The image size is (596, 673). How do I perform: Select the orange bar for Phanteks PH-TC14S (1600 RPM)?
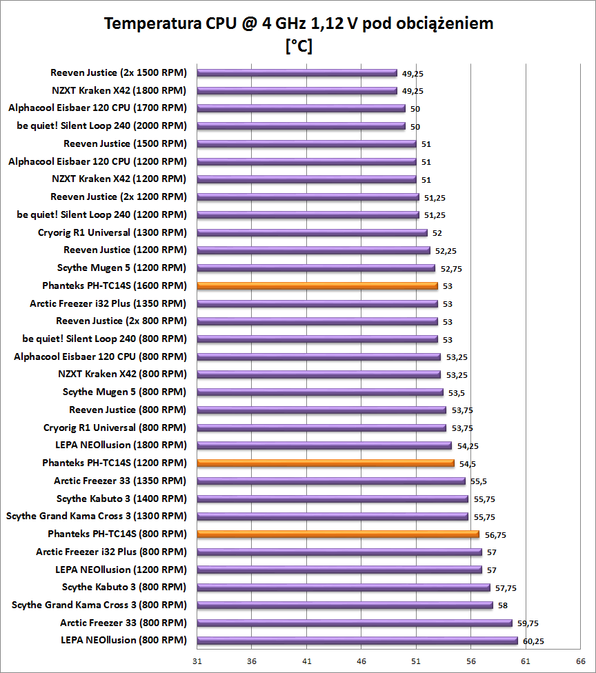[317, 285]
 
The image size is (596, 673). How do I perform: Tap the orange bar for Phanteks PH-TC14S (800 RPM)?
[338, 534]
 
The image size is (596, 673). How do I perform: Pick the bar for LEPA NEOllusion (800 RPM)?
[357, 641]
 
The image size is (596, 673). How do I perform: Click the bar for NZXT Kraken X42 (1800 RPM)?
[297, 90]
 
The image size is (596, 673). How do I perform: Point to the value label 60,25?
[533, 641]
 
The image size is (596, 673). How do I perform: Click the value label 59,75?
[528, 623]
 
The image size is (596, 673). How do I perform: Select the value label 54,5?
[468, 463]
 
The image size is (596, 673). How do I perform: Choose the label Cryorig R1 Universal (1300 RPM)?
[112, 232]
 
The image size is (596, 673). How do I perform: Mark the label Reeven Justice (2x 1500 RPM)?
[118, 72]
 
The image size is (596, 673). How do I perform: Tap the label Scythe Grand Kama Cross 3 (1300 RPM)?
[96, 516]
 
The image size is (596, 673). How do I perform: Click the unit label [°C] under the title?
[298, 46]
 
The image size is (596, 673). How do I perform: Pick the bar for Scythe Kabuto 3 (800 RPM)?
[344, 587]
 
